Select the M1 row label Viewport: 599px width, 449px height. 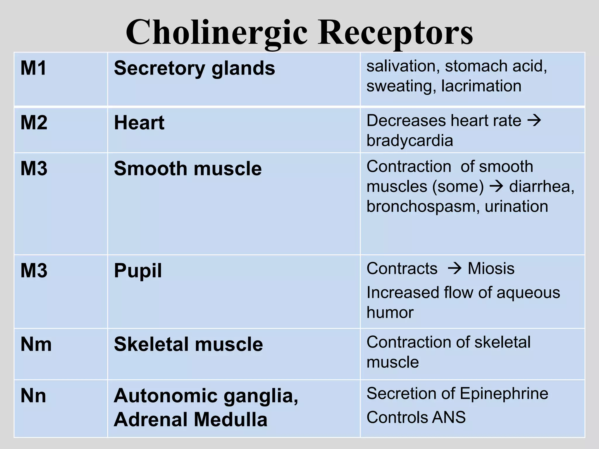click(x=33, y=68)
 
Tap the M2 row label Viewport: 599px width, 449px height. click(x=34, y=122)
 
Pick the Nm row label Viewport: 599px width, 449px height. click(x=36, y=344)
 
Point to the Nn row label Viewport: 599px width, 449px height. click(x=33, y=396)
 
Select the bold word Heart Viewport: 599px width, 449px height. click(x=139, y=122)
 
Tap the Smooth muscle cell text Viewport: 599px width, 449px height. click(x=188, y=169)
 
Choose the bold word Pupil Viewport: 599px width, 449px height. click(x=138, y=271)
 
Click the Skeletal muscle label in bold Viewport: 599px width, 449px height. click(x=188, y=344)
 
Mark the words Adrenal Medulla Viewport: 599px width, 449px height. click(x=190, y=419)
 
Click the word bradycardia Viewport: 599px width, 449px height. click(x=410, y=141)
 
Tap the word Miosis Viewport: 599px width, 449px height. click(x=491, y=268)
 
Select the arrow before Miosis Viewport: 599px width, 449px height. click(x=455, y=268)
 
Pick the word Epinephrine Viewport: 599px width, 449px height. click(x=504, y=393)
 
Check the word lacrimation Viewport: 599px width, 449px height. click(x=481, y=86)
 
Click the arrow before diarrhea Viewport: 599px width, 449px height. click(x=496, y=186)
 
